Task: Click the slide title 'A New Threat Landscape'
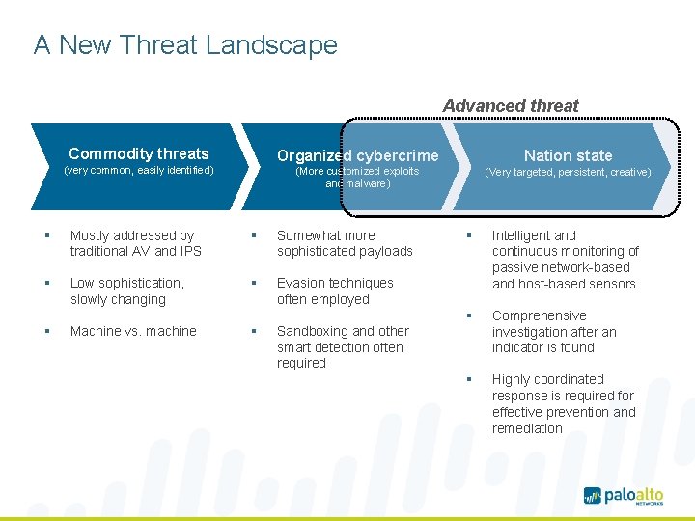(x=185, y=45)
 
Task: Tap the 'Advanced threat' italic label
(x=511, y=106)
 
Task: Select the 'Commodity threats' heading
(x=139, y=153)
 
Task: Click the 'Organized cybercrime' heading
(x=357, y=155)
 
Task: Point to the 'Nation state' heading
(x=568, y=155)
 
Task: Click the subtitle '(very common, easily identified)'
(x=138, y=171)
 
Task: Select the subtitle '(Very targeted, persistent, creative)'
(x=568, y=172)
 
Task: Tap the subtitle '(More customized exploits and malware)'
(x=357, y=177)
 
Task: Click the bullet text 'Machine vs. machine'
(x=133, y=331)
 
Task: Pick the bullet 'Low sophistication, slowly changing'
(x=126, y=290)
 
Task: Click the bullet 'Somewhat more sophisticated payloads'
(x=345, y=243)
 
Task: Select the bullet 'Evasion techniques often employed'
(x=335, y=290)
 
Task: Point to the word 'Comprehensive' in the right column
(x=539, y=315)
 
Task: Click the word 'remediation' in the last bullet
(x=527, y=428)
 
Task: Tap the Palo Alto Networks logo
(x=624, y=495)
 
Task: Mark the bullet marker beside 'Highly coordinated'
(x=468, y=379)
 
